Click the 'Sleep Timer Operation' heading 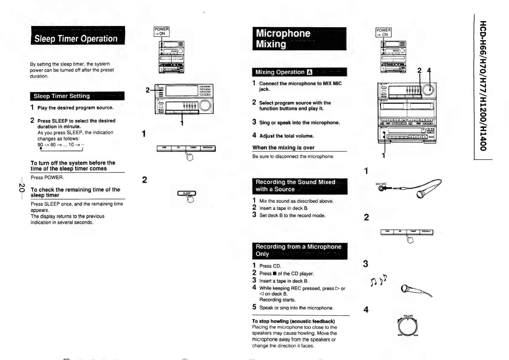[x=76, y=38]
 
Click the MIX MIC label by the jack [x=381, y=184]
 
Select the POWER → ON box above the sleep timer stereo [x=162, y=31]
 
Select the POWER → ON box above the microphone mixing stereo [x=383, y=32]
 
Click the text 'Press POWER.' [x=47, y=177]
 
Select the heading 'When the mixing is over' [x=283, y=148]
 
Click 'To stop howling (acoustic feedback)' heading [x=293, y=321]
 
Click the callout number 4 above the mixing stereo [x=428, y=71]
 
